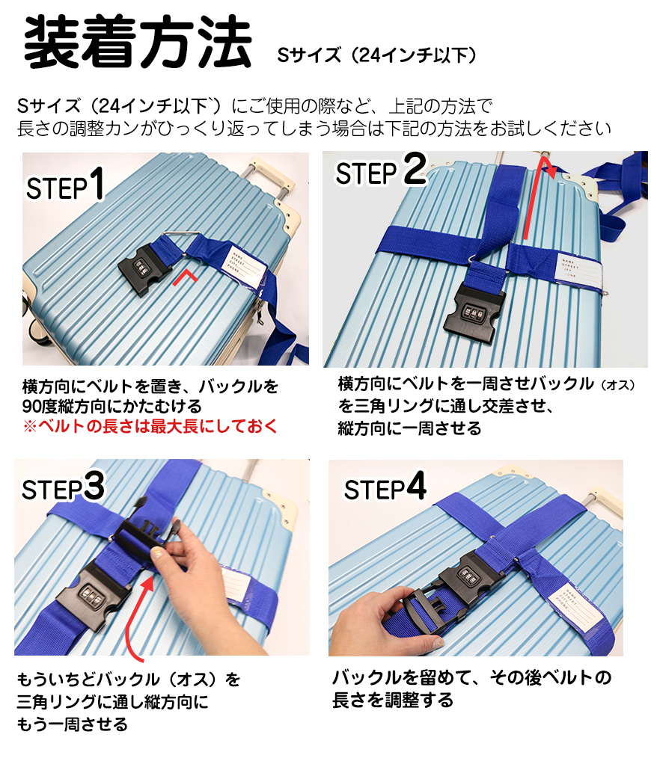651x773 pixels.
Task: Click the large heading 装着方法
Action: coord(138,41)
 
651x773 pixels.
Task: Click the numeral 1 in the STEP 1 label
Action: coord(98,183)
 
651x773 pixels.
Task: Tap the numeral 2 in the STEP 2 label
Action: coord(415,169)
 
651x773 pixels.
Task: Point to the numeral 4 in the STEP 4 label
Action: coord(416,485)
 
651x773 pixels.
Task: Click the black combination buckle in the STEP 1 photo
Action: coord(143,270)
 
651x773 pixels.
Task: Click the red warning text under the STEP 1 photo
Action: coord(150,426)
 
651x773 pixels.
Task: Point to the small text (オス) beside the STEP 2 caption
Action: coord(618,385)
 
